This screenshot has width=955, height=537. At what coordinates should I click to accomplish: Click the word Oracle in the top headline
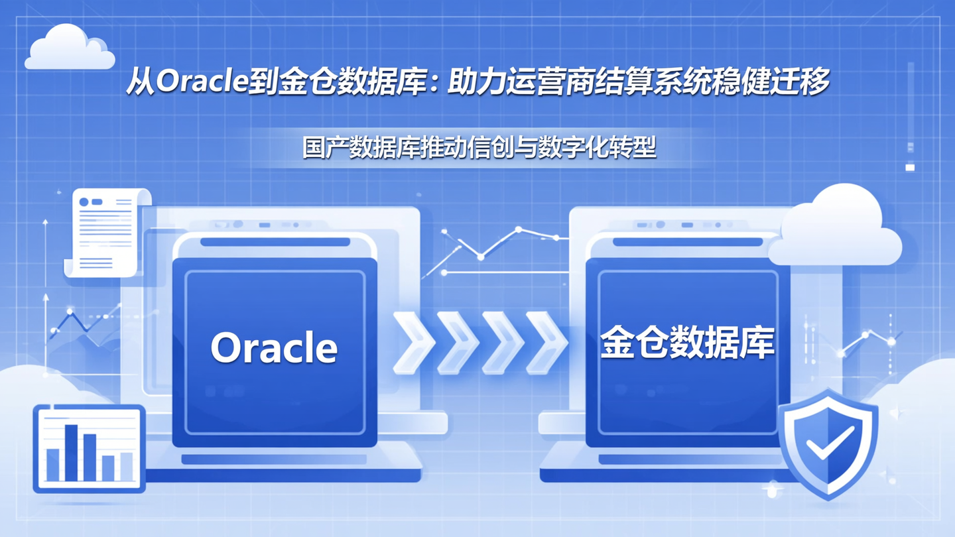click(202, 83)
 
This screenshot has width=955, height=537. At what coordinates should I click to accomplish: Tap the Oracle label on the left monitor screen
click(274, 347)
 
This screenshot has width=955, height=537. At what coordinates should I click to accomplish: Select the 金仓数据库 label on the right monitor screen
click(687, 343)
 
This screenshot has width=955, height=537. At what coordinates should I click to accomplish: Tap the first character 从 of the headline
click(140, 83)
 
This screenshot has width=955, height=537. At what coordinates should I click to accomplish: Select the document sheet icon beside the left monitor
click(106, 231)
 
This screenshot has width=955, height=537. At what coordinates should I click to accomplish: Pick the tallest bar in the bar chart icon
click(72, 452)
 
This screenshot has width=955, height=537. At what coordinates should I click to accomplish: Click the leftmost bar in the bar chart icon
click(53, 464)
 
